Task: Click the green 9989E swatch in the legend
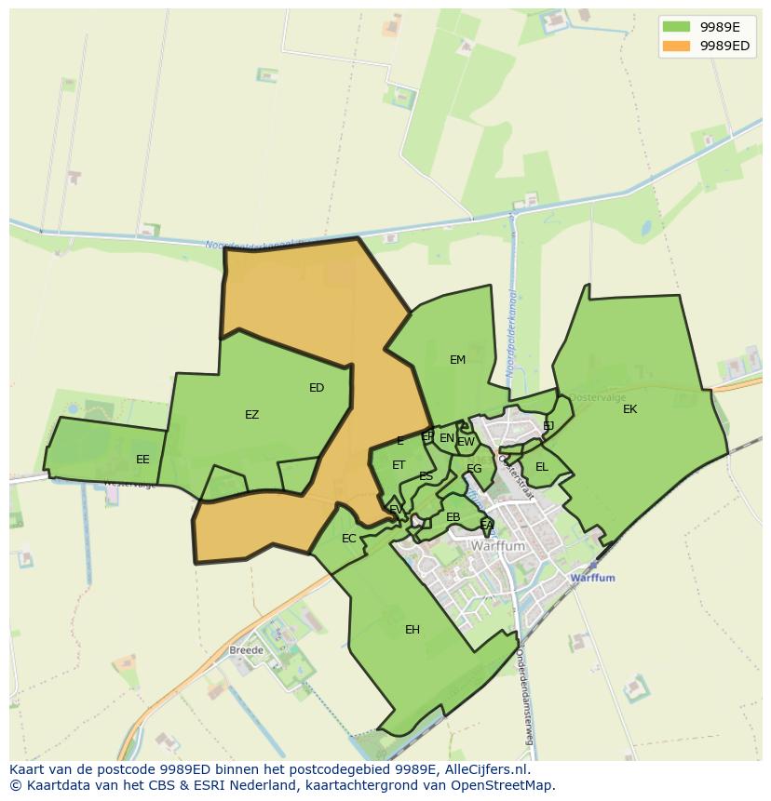coord(677,27)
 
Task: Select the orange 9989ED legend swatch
coord(677,46)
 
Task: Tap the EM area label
coord(457,360)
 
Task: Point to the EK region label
coord(630,409)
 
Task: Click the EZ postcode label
coord(251,415)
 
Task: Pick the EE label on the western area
coord(142,460)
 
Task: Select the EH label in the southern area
coord(413,630)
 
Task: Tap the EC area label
coord(349,539)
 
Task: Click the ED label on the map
coord(317,388)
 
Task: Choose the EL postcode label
coord(542,466)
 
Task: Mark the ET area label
coord(399,465)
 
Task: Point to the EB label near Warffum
coord(453,517)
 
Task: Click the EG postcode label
coord(474,469)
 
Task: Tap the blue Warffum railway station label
coord(592,578)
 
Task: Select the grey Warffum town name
coord(499,547)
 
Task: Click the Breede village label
coord(247,649)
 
